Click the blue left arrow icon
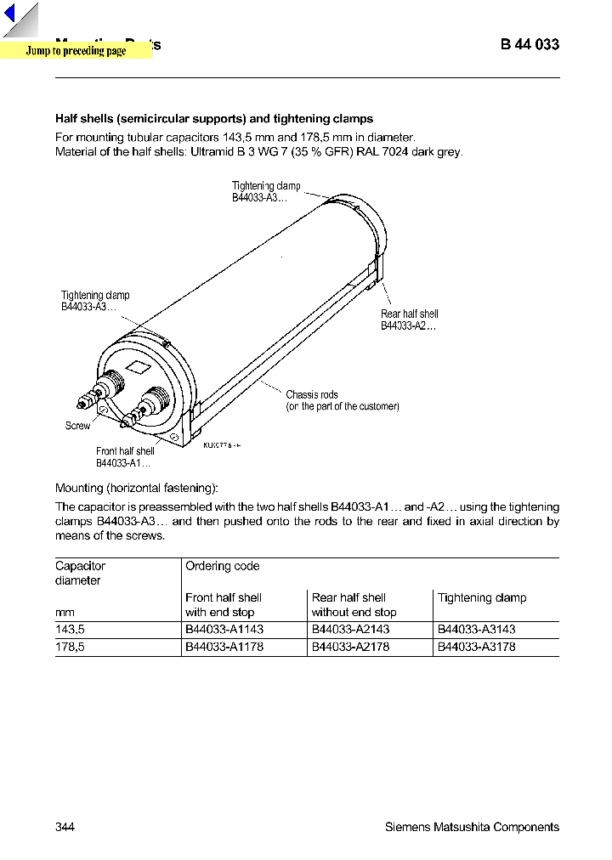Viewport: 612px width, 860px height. [x=10, y=14]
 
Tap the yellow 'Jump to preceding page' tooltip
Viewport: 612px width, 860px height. [x=76, y=51]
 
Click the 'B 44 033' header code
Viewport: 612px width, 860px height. [x=530, y=44]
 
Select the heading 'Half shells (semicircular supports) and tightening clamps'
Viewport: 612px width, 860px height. [x=214, y=119]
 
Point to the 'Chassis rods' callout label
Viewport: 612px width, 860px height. [x=311, y=394]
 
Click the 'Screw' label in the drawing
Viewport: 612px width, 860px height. [x=77, y=426]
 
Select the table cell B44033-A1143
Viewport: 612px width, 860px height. [x=224, y=630]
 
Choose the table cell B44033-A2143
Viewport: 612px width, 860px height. [x=350, y=630]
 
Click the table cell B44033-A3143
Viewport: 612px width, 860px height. [x=476, y=630]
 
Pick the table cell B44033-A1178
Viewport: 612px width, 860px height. [x=224, y=647]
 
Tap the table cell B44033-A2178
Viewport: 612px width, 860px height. [x=350, y=647]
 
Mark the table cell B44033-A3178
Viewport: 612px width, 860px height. [x=476, y=647]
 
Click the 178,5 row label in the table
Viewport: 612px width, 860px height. [x=71, y=647]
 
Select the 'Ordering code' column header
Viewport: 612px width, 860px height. [x=223, y=566]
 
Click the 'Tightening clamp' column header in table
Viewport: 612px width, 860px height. [x=482, y=597]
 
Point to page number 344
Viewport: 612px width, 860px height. [x=65, y=827]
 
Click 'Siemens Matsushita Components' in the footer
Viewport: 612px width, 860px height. [x=472, y=827]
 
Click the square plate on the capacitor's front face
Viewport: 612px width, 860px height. [x=137, y=367]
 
